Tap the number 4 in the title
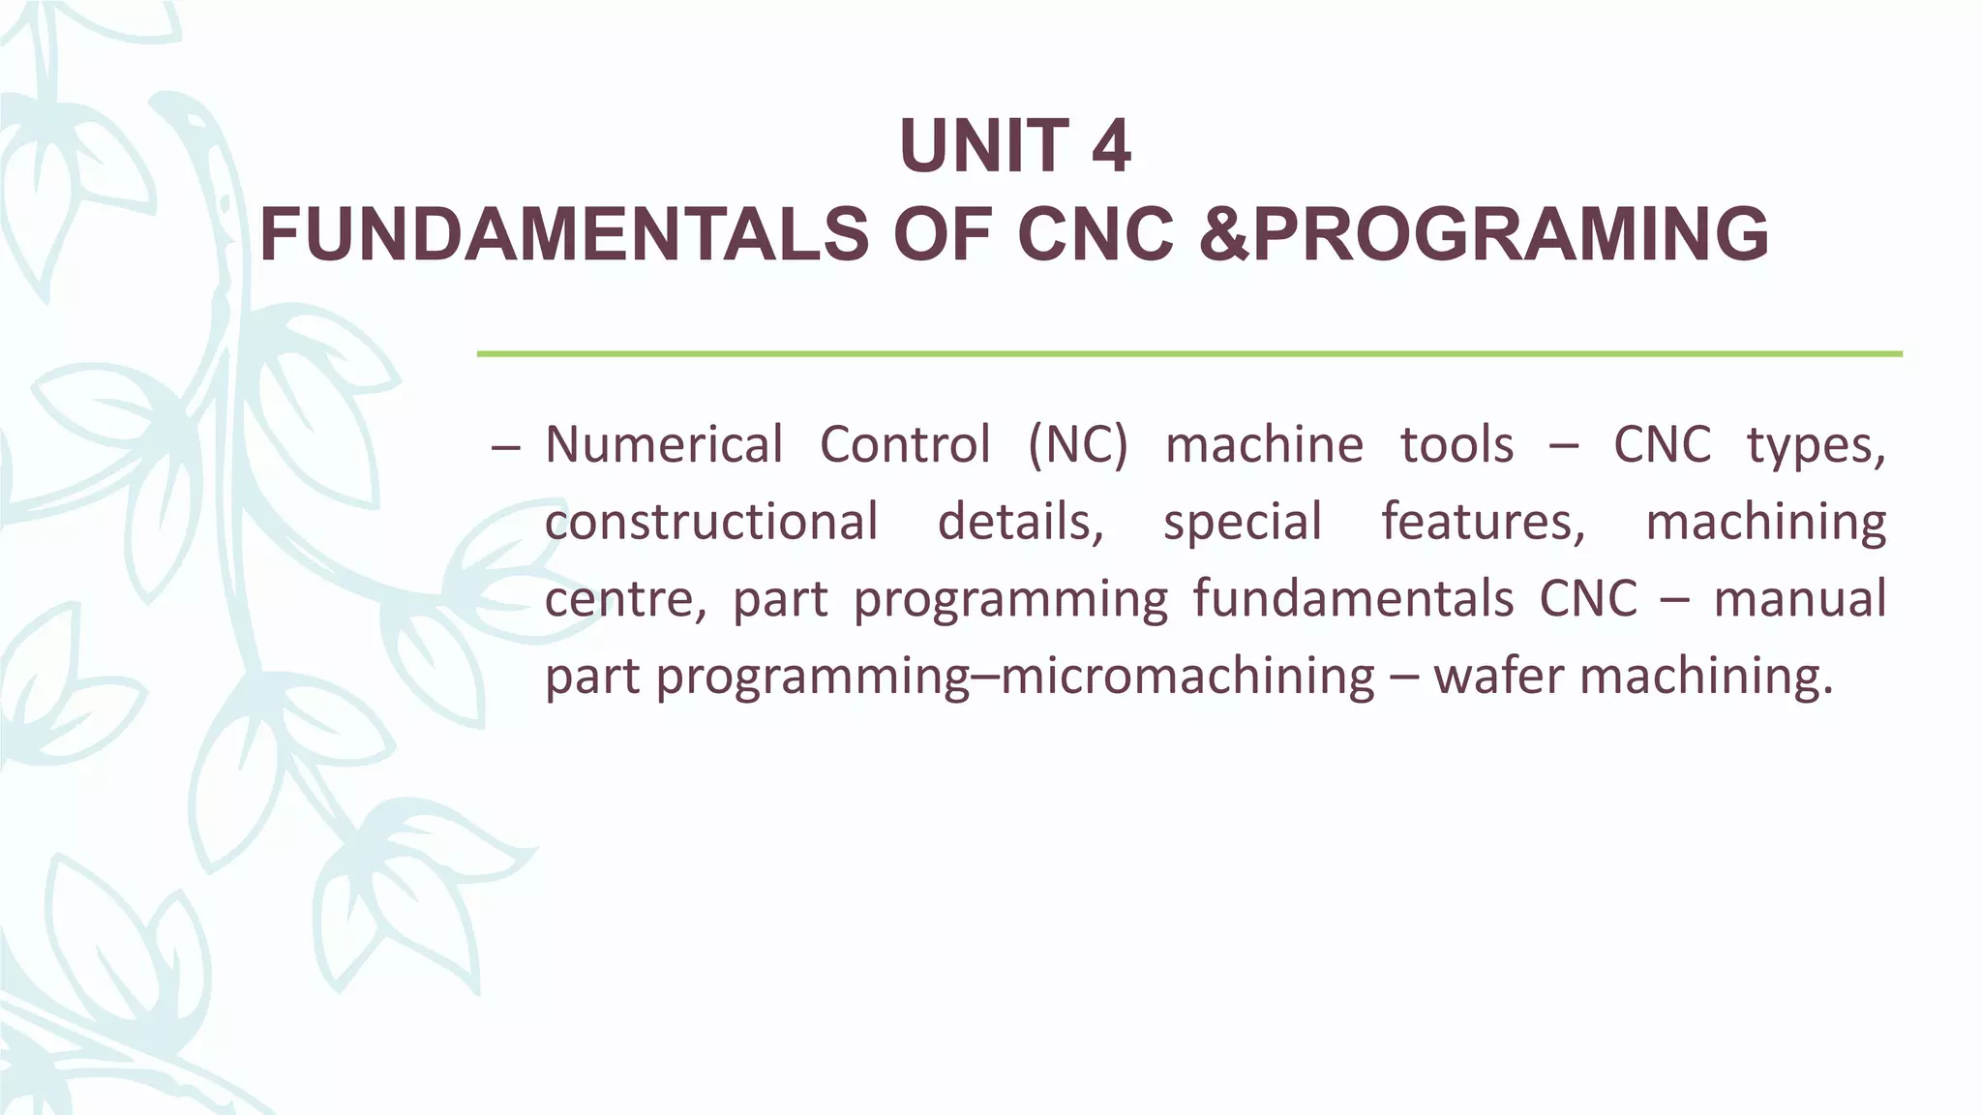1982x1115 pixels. coord(1110,146)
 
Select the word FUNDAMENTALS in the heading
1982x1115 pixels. coord(564,235)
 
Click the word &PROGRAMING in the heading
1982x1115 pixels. coord(1484,235)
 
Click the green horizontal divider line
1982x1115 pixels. coord(1189,354)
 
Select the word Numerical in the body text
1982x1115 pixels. coord(664,445)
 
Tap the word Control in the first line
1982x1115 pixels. coord(905,445)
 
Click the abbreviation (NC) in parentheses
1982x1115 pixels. coord(1078,445)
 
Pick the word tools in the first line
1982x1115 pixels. coord(1457,445)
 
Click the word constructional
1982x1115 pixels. coord(711,522)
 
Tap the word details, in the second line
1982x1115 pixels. coord(1021,522)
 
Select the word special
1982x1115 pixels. coord(1243,524)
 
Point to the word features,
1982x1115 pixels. coord(1484,522)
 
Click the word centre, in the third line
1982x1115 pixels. coord(625,599)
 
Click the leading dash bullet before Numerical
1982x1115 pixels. coord(506,447)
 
